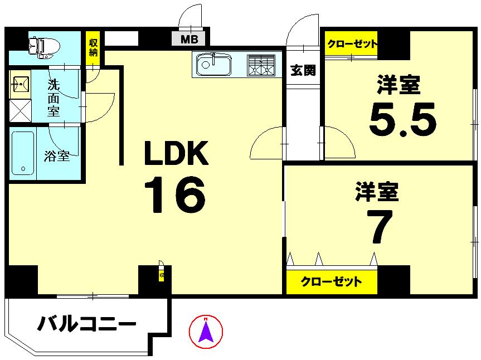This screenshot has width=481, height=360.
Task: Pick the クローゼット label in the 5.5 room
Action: (352, 44)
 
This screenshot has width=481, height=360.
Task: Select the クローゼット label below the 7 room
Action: (331, 281)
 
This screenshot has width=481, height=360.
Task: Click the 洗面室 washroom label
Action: (54, 98)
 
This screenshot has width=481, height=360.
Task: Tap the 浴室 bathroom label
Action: (57, 156)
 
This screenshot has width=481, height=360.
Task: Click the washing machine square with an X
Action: (20, 110)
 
